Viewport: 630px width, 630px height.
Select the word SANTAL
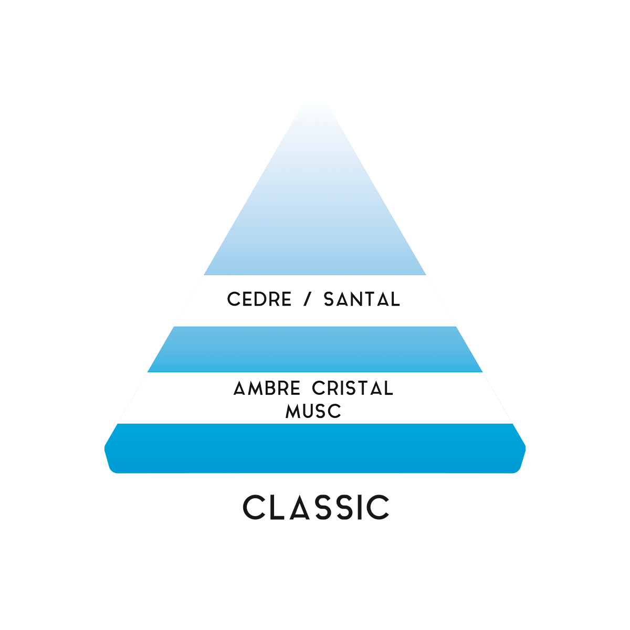362,300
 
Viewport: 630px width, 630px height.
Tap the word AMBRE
267,388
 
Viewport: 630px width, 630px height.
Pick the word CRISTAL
352,388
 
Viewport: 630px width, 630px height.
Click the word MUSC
313,411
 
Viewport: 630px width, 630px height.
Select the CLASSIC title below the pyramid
316,507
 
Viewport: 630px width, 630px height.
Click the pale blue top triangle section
315,220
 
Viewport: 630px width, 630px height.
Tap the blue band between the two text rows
315,349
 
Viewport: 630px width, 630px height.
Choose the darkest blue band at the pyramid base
315,449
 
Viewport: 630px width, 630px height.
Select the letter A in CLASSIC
302,507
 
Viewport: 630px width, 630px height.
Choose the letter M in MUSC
293,411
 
